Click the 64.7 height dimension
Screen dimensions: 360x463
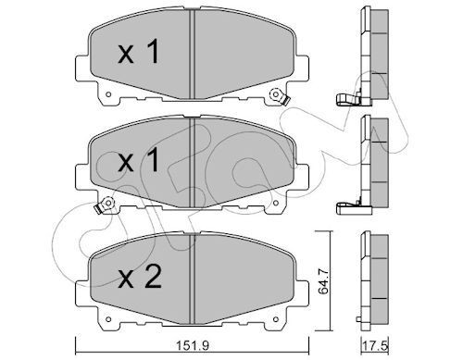pos(322,275)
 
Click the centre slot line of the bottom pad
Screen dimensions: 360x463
pos(191,273)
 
